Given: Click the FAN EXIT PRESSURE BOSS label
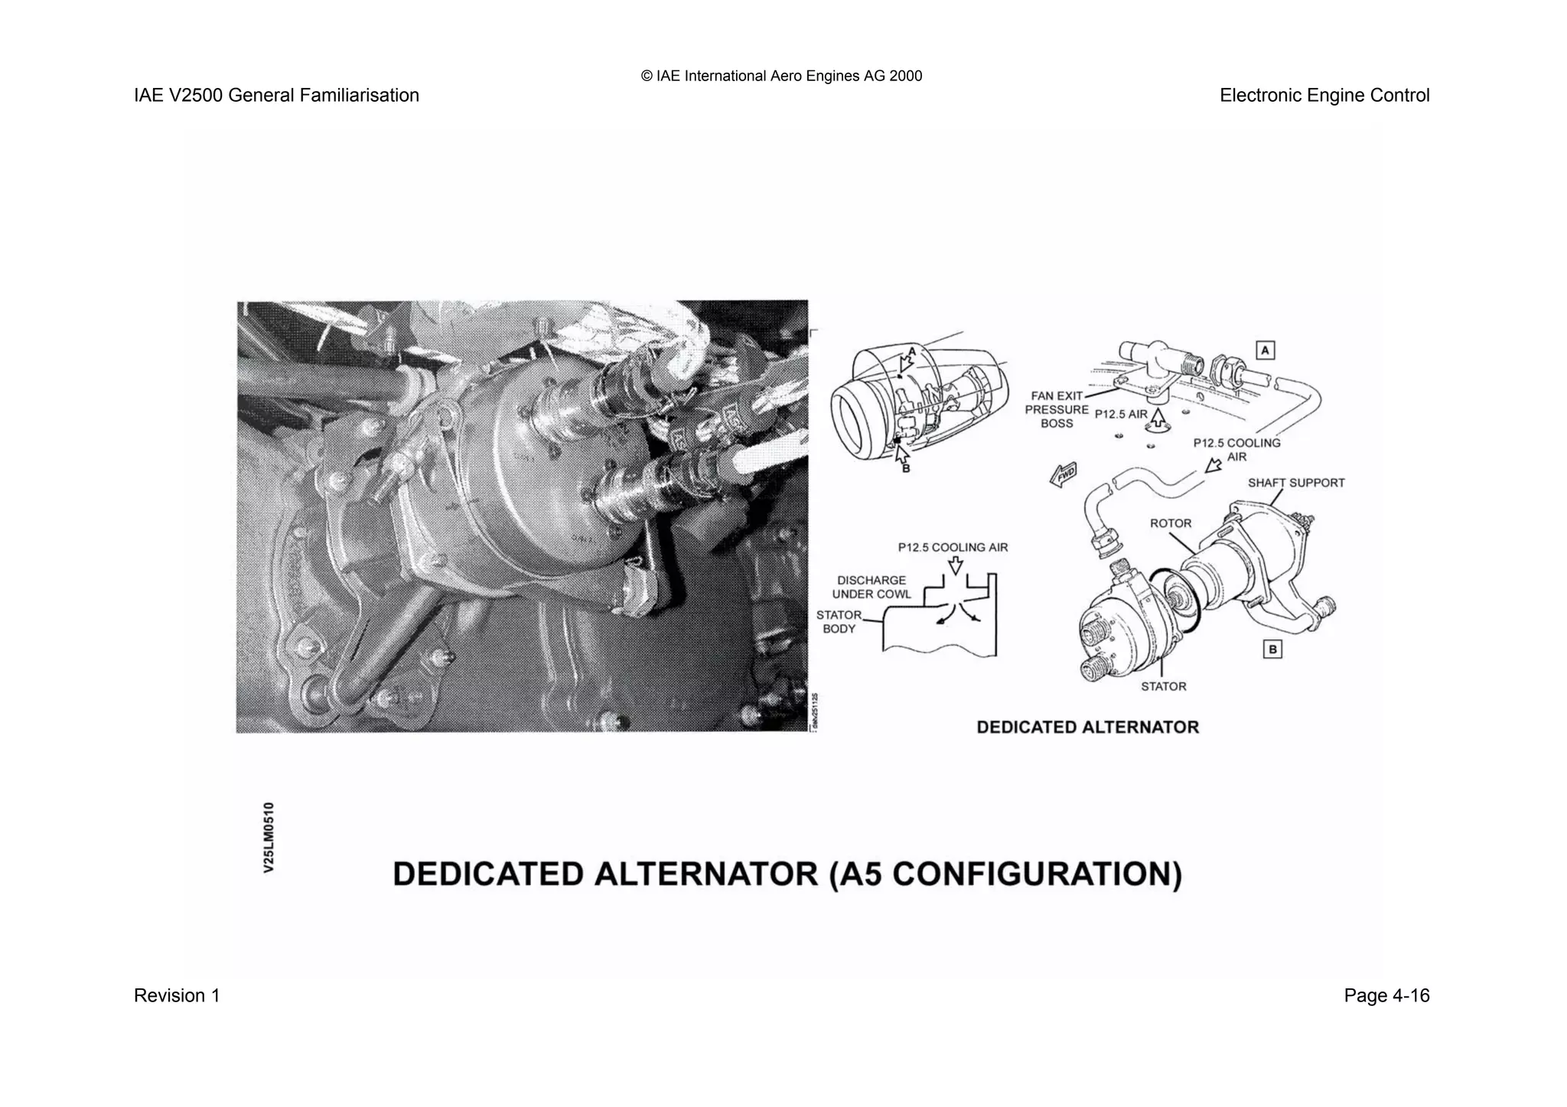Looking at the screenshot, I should pos(1057,409).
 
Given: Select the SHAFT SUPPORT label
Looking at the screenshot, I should pos(1295,483).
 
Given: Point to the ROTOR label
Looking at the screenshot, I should pos(1170,523).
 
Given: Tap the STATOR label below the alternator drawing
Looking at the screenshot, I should pos(1163,686).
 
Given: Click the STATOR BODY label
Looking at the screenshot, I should pos(839,622).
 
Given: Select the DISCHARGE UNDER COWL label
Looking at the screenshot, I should pos(871,587).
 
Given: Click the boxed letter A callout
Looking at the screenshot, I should pos(1266,350).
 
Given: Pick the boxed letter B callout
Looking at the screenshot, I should pos(1272,650).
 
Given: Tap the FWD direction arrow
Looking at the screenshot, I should pos(1063,474).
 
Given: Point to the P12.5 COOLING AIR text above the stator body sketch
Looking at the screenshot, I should pos(953,547).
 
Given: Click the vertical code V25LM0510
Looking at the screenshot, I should pos(269,837).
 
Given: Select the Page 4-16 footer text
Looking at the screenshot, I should pos(1386,995).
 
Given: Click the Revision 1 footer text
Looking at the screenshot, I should pos(177,995).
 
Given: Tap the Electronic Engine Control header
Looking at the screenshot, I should pos(1324,96).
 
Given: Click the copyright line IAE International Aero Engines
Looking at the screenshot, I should pos(781,76).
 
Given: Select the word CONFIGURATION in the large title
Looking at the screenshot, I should pos(1037,874).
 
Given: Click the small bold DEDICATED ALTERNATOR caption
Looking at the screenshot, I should pos(1087,727).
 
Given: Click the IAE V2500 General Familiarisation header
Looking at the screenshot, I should pos(276,96).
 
